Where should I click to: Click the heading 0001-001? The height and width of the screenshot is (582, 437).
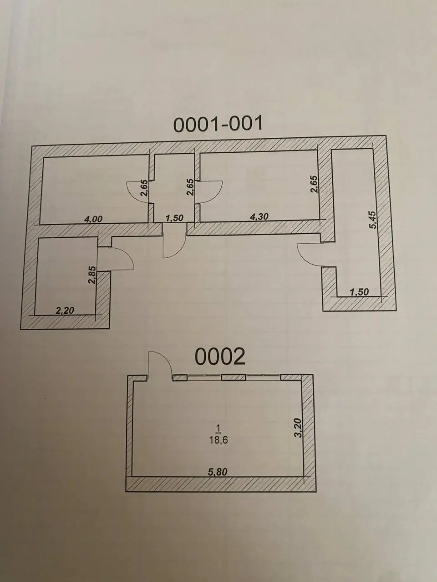tap(218, 124)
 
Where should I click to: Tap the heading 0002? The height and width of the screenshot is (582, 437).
tap(220, 356)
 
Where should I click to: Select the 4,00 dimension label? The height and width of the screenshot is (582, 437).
tap(93, 219)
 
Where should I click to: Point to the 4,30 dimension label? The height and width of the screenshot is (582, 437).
tap(259, 216)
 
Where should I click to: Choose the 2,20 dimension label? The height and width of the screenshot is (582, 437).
tap(65, 310)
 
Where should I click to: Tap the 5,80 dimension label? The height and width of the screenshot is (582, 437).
tap(218, 472)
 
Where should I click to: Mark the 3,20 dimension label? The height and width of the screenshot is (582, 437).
tap(298, 428)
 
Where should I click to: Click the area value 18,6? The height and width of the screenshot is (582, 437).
tap(218, 440)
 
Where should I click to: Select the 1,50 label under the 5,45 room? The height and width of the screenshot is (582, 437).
tap(360, 292)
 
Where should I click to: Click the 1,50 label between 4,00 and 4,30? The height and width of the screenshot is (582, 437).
tap(174, 218)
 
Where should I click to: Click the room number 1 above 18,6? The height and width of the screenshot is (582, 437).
tap(219, 428)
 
